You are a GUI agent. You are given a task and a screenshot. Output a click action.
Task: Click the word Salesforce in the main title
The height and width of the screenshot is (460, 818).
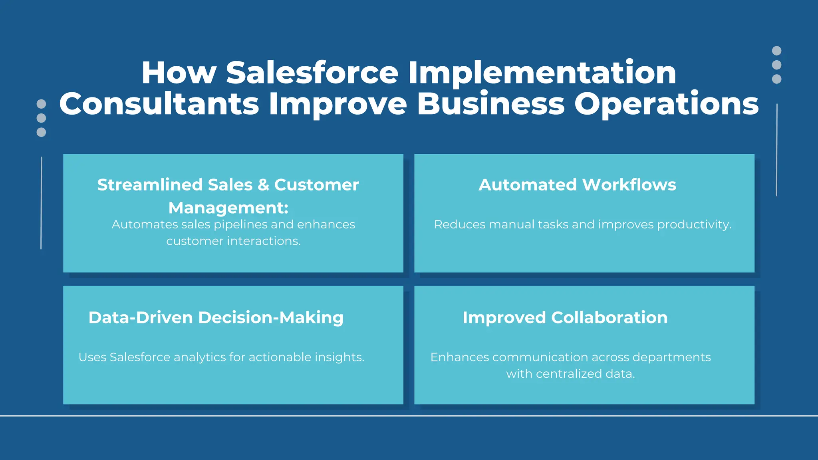[x=312, y=73]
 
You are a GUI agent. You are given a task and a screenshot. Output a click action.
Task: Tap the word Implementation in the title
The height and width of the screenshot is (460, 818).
[x=542, y=73]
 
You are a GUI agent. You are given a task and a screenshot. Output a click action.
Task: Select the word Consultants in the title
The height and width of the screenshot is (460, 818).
[x=159, y=104]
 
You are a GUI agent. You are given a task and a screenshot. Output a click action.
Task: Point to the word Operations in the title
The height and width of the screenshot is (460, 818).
[x=666, y=104]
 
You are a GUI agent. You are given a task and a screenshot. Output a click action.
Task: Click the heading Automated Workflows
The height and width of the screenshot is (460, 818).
[x=577, y=185]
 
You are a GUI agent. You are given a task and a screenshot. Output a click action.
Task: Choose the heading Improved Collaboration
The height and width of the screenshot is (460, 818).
[x=565, y=317]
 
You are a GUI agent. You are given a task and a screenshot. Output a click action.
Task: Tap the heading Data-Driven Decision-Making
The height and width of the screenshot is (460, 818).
[x=216, y=317]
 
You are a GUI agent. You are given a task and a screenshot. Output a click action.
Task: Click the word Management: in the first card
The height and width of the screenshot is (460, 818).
[x=228, y=208]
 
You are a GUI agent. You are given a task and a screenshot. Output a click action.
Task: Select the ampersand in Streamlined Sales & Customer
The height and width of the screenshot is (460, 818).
[x=263, y=185]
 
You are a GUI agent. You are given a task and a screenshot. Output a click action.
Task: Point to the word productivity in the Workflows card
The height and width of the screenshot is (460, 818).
[x=694, y=224]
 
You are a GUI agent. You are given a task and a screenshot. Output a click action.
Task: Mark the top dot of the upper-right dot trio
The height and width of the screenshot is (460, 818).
[x=776, y=51]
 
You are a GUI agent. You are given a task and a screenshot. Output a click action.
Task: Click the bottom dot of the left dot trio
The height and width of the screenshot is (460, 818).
[x=41, y=132]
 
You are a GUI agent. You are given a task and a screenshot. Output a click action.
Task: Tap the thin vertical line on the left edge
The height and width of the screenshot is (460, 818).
[x=41, y=203]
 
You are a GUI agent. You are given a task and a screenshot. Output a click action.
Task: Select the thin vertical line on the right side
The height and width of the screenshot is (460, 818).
[x=776, y=150]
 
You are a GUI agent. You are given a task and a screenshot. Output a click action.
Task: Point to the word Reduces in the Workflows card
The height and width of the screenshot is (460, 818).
[x=459, y=224]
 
